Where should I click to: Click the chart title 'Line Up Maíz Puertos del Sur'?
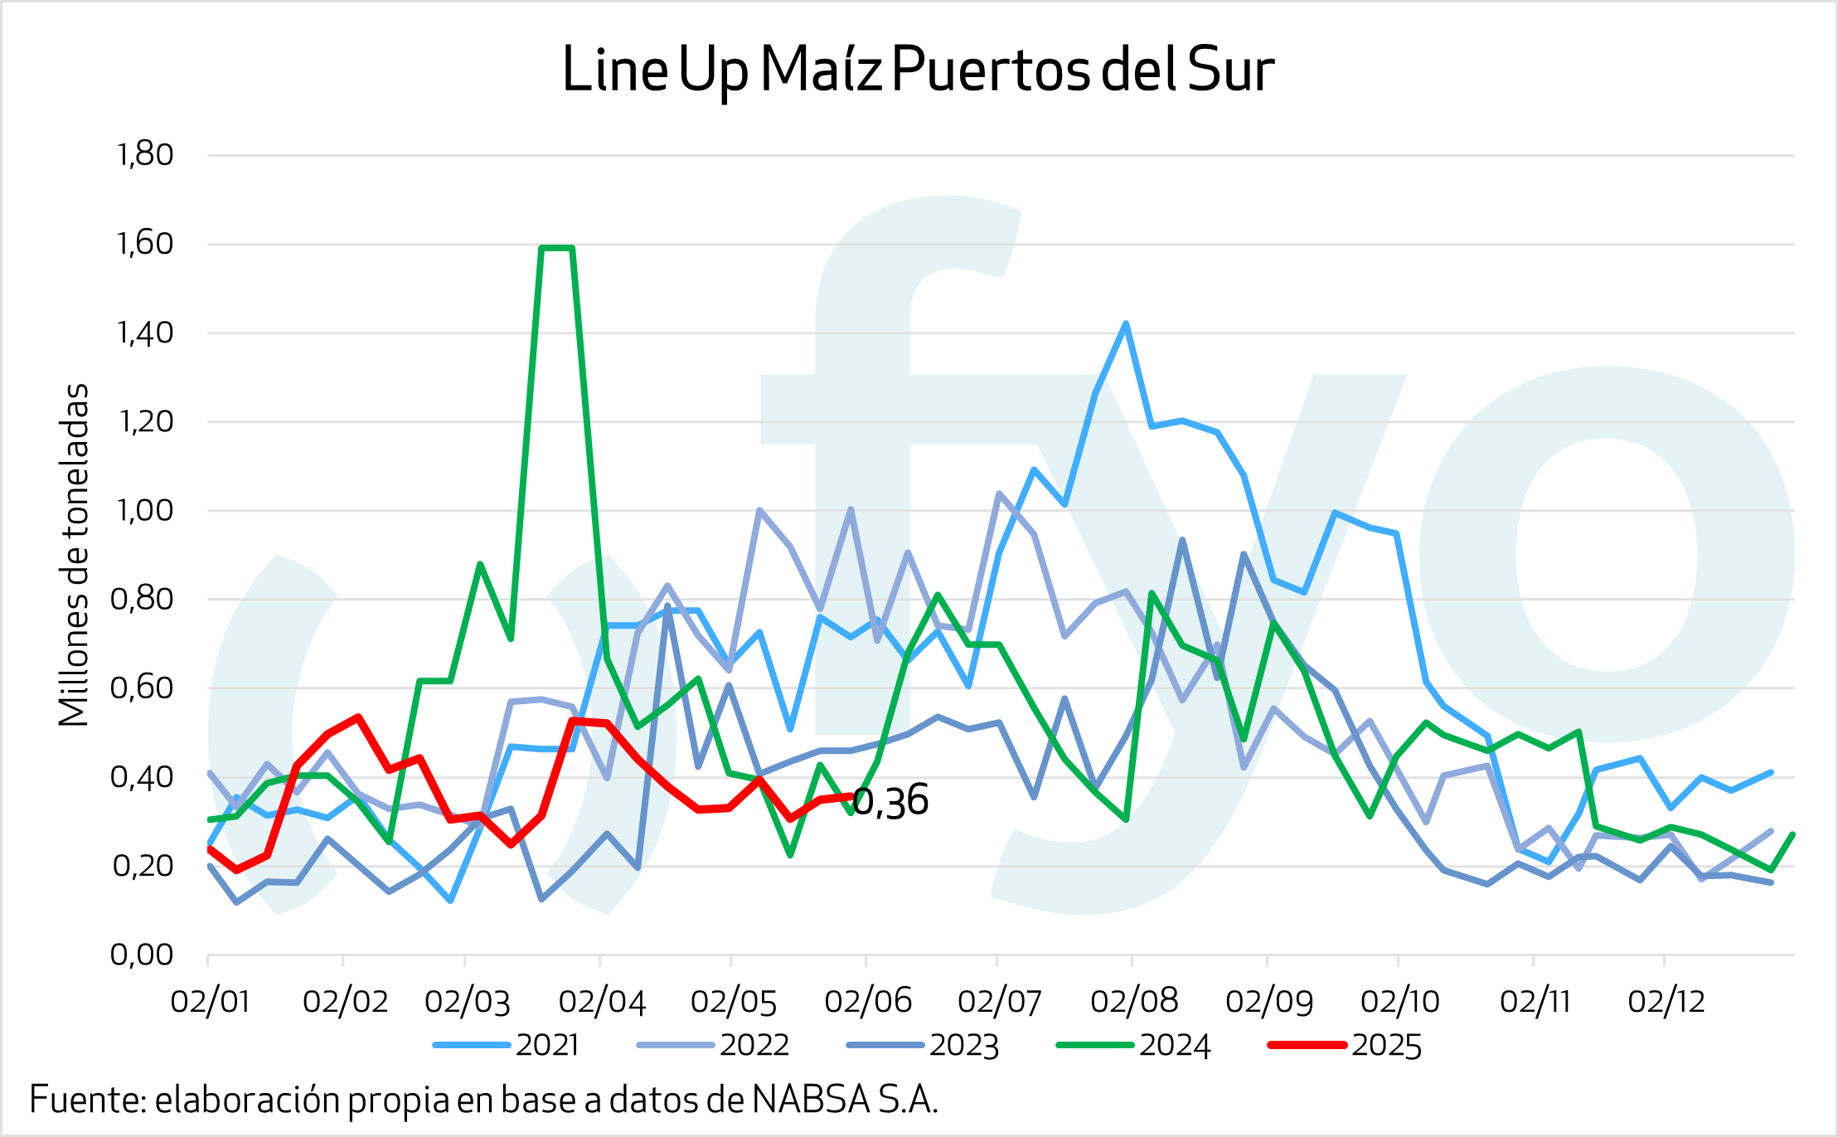pos(918,70)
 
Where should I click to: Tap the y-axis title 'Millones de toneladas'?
pos(75,555)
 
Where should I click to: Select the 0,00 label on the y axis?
pos(143,955)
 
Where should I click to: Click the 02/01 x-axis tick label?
pos(210,1002)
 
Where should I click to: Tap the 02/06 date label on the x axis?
pos(868,1002)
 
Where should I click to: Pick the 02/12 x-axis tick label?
pos(1666,1002)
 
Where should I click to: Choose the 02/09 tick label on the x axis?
pos(1269,1002)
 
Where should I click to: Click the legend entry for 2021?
pos(507,1045)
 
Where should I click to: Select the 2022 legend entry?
pos(713,1045)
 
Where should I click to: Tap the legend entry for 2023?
pos(923,1045)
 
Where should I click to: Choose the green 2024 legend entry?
pos(1133,1045)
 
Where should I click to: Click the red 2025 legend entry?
pos(1345,1045)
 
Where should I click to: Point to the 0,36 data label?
pos(891,801)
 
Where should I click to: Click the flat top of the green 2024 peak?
pos(557,248)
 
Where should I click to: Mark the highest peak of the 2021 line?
pos(1126,323)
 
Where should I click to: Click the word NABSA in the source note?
pos(812,1101)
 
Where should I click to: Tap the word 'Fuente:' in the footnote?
pos(88,1101)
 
